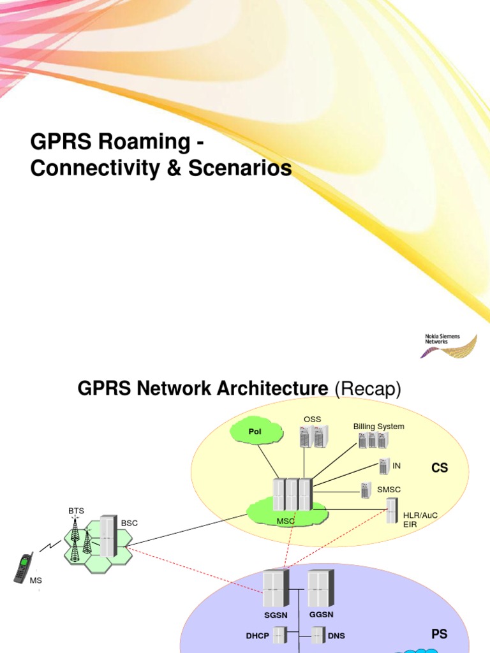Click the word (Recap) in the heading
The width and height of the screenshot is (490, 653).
pyautogui.click(x=368, y=388)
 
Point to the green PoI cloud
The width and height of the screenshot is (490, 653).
pyautogui.click(x=256, y=432)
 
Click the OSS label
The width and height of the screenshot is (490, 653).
pyautogui.click(x=312, y=419)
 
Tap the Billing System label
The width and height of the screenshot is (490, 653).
pyautogui.click(x=379, y=426)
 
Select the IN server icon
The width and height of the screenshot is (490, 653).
pyautogui.click(x=384, y=466)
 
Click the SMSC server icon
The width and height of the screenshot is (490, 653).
pyautogui.click(x=366, y=490)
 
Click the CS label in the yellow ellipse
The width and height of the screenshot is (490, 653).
pyautogui.click(x=440, y=468)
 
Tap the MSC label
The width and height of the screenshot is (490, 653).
pyautogui.click(x=285, y=521)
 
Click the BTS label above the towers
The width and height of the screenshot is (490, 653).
pyautogui.click(x=76, y=511)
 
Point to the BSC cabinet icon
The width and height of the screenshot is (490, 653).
pyautogui.click(x=108, y=535)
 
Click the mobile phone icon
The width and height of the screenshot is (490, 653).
pyautogui.click(x=24, y=568)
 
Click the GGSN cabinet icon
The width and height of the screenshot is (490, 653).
pyautogui.click(x=321, y=589)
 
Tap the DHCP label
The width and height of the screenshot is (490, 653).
pyautogui.click(x=258, y=636)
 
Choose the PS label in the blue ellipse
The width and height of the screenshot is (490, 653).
pyautogui.click(x=439, y=634)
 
